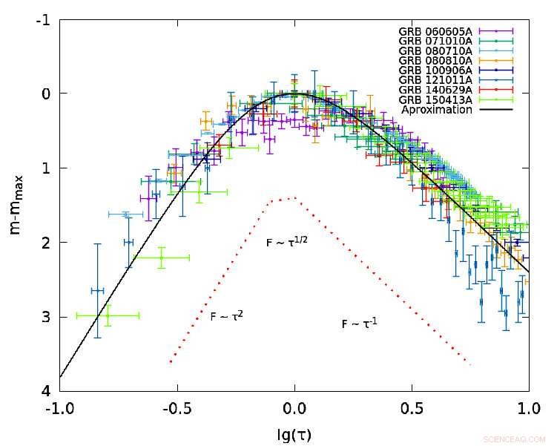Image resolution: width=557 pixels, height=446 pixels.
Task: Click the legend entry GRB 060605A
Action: tap(436, 31)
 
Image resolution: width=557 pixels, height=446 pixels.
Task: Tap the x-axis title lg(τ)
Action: tap(294, 434)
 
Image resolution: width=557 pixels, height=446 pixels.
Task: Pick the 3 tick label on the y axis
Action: tap(45, 317)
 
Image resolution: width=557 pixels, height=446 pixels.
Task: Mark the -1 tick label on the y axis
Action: tap(43, 19)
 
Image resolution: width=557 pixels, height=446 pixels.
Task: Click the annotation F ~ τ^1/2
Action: tap(288, 242)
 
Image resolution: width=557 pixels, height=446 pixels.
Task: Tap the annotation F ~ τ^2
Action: tap(227, 315)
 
